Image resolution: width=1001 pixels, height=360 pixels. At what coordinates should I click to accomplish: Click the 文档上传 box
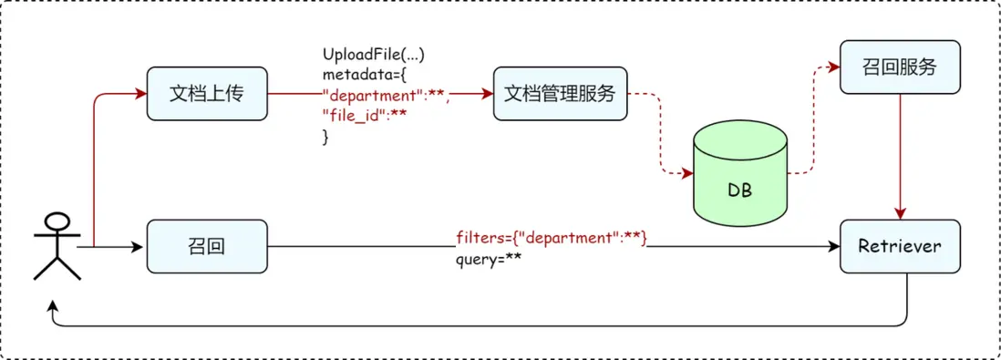pos(207,94)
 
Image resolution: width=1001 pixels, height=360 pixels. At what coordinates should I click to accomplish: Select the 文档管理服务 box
pos(560,94)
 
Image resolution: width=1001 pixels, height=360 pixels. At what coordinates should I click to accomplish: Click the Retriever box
pos(899,246)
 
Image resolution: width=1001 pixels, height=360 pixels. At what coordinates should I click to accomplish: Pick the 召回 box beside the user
pos(207,246)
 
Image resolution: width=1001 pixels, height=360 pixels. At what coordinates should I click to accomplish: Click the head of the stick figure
pos(57,221)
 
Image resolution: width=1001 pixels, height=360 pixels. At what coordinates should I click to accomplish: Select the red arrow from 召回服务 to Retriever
pos(900,155)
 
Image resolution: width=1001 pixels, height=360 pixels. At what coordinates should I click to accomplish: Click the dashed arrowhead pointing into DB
pos(686,174)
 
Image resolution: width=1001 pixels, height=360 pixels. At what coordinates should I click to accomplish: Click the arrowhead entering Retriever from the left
pos(833,246)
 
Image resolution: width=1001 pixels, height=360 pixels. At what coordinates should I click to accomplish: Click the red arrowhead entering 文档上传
pos(140,94)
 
